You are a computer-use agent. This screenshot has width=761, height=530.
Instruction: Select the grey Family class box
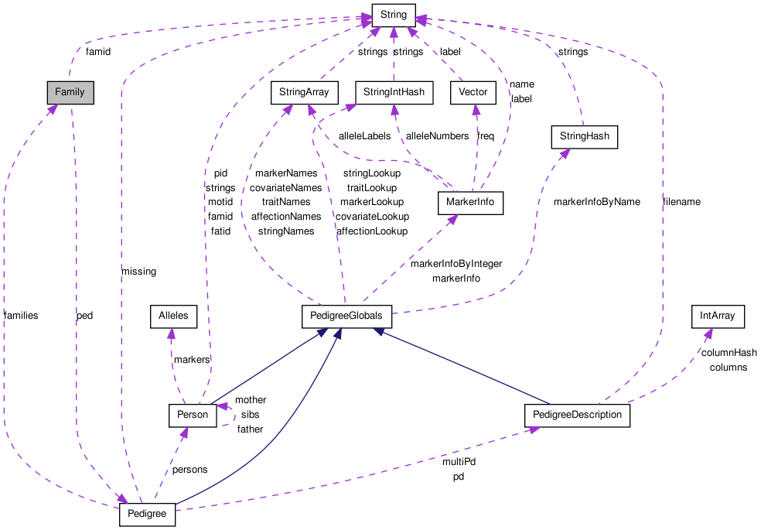click(70, 92)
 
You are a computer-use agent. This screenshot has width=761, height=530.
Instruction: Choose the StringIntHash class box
click(394, 92)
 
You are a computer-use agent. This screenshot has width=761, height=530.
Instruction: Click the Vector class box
click(473, 92)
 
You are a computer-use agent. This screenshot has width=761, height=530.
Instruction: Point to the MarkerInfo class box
click(470, 203)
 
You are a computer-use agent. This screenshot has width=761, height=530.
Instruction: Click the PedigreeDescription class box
click(577, 415)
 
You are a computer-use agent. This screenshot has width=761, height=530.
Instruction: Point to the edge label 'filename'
click(681, 202)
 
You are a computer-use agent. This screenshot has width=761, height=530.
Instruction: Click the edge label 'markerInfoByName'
click(596, 202)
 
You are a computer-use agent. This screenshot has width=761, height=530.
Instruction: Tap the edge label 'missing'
click(138, 272)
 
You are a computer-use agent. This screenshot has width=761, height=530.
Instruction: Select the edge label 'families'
click(21, 316)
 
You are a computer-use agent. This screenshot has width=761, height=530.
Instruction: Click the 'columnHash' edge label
click(729, 353)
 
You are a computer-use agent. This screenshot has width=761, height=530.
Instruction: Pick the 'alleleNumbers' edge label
click(437, 136)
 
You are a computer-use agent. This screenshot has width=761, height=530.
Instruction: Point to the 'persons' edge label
click(189, 470)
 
